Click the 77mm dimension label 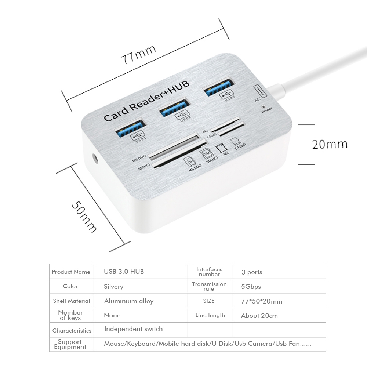point(139,54)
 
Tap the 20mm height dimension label point(329,144)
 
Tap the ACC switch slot point(259,91)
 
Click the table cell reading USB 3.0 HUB point(124,272)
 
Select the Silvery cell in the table point(114,286)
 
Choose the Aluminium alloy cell point(129,301)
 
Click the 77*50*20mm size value point(262,301)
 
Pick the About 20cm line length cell point(259,316)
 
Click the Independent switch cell point(133,329)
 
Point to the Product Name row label point(71,272)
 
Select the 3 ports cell point(252,272)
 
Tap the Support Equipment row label point(70,344)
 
